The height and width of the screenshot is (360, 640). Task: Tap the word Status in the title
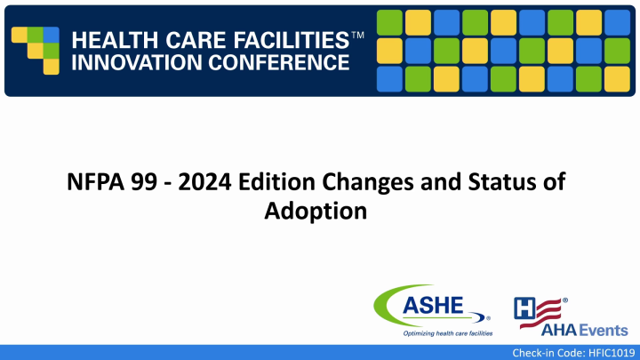(483, 184)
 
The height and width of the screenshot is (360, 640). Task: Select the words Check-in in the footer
(524, 353)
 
